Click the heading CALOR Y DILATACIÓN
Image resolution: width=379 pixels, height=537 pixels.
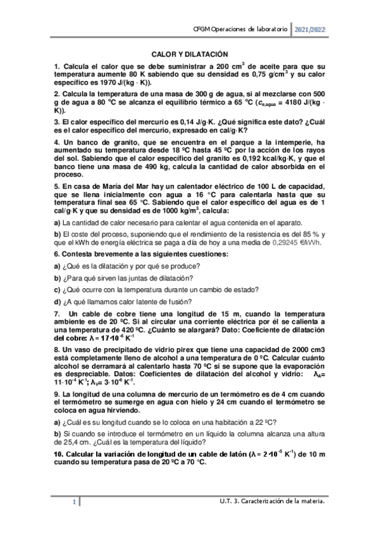[189, 56]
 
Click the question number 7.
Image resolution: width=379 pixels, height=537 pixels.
[57, 313]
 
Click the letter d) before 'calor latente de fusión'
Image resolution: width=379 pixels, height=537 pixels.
[57, 301]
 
